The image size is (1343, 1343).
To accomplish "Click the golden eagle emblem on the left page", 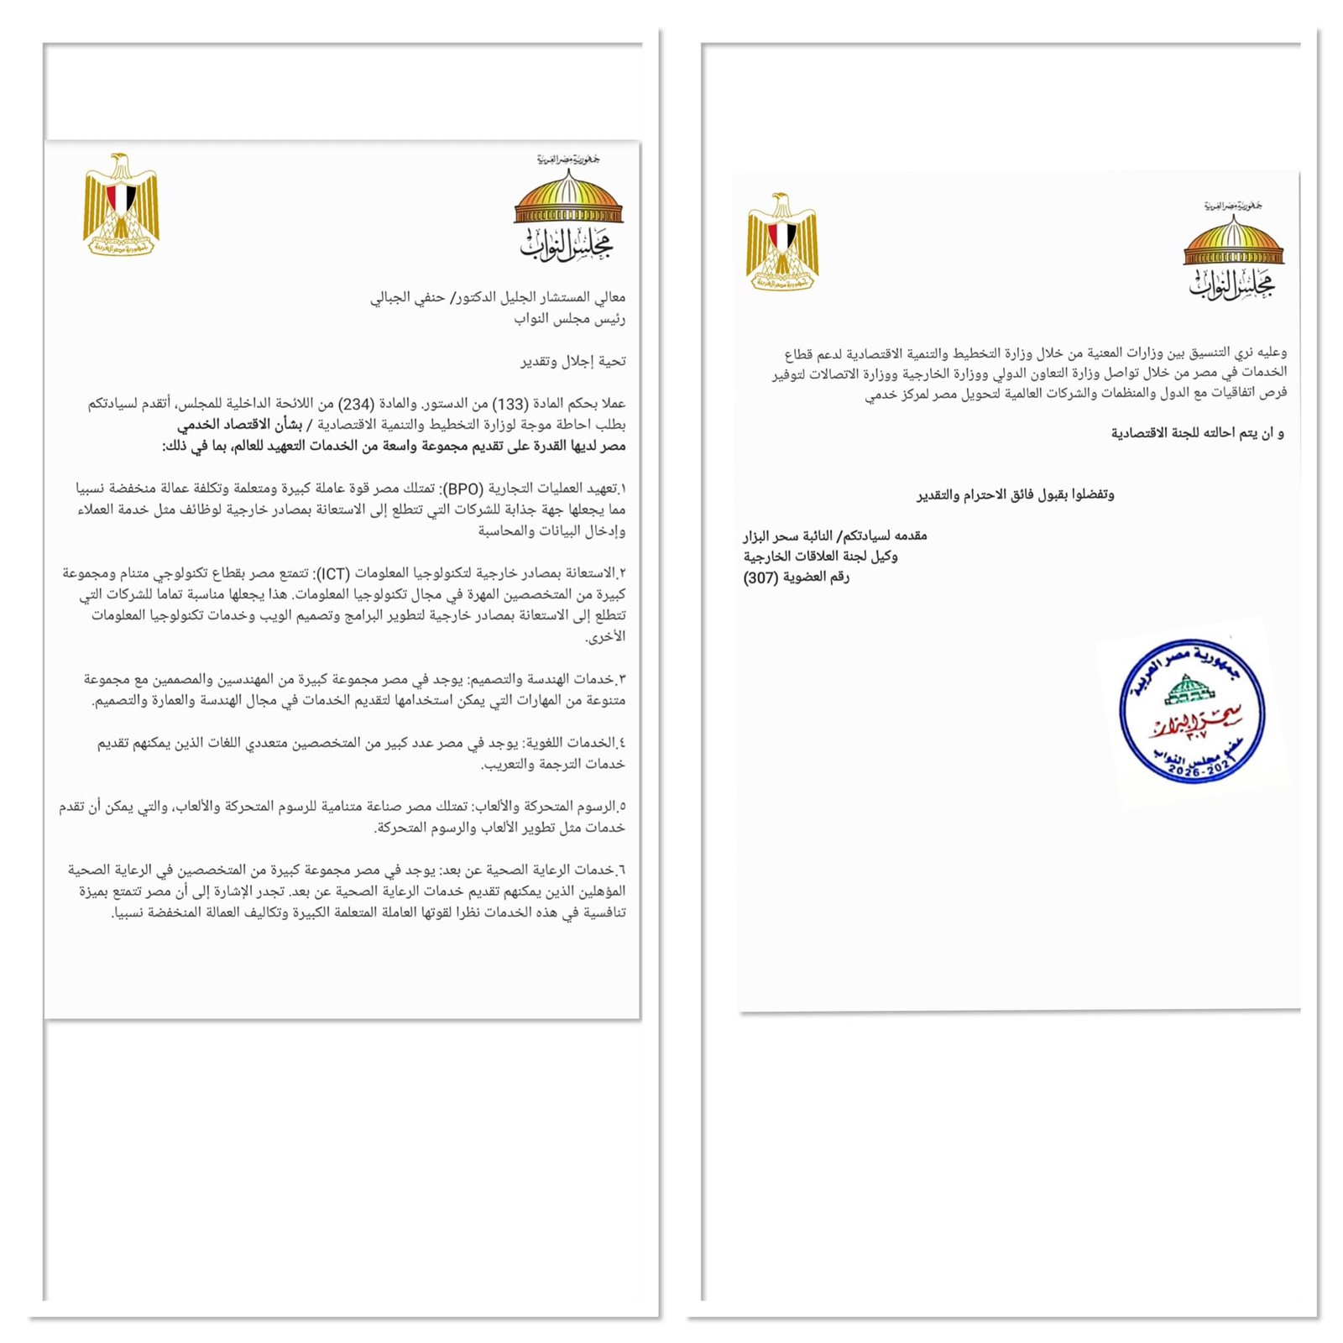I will click(121, 204).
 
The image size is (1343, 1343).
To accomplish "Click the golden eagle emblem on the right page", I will click(781, 242).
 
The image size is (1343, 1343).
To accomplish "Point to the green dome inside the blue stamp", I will click(1189, 690).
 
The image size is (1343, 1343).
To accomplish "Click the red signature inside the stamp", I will click(1195, 722).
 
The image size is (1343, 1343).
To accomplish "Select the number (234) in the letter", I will click(357, 404).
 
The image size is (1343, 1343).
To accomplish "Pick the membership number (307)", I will click(760, 577).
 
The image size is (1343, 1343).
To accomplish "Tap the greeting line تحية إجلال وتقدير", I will click(572, 361).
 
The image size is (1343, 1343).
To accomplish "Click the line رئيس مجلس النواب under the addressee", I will click(570, 318).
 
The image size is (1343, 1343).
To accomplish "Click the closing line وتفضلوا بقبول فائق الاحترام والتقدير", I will click(1015, 494).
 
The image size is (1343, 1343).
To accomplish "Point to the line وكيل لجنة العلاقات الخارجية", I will click(820, 557).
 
